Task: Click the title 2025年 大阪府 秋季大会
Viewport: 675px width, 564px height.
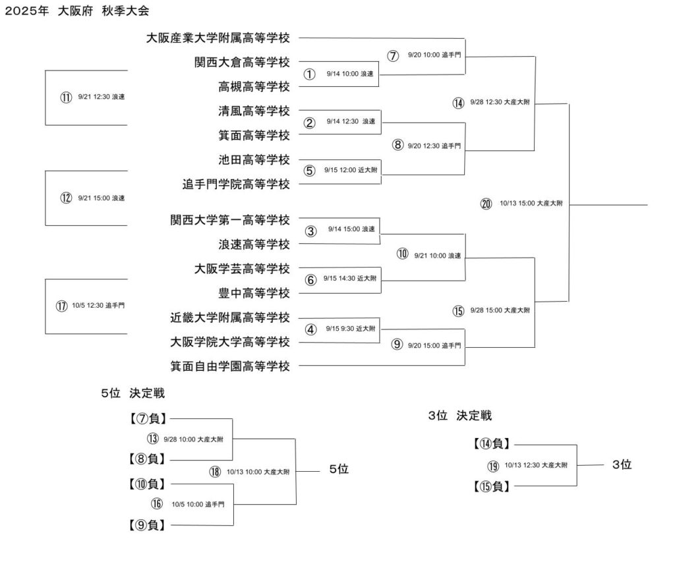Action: pos(77,11)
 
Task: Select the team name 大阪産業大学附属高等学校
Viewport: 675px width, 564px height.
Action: pos(218,38)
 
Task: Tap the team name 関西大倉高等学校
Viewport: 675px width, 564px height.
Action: pos(243,63)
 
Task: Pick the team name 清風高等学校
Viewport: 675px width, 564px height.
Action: pos(254,111)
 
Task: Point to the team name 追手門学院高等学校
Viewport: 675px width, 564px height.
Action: pos(236,184)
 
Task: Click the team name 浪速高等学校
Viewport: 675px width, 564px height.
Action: pos(254,244)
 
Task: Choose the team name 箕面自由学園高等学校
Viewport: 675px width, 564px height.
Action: pos(230,366)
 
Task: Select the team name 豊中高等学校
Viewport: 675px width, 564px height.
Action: pos(254,293)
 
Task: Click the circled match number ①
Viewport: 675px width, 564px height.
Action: pos(310,74)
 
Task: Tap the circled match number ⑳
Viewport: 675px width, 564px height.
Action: pos(486,204)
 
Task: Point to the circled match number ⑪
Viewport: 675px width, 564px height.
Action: pos(66,98)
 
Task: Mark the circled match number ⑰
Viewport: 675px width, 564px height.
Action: pos(61,306)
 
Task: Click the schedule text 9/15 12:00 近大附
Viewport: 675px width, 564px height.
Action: pos(351,170)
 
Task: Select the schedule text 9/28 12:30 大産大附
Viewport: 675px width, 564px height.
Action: pos(500,102)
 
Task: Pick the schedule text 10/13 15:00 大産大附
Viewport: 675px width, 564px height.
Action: pos(531,203)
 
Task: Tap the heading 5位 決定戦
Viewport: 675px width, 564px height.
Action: pos(133,393)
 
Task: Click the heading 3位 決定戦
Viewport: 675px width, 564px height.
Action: pos(459,416)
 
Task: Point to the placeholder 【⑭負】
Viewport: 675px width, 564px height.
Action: pos(492,443)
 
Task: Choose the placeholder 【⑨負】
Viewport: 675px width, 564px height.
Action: pos(147,525)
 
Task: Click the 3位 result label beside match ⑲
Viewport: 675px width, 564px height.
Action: pos(622,465)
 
